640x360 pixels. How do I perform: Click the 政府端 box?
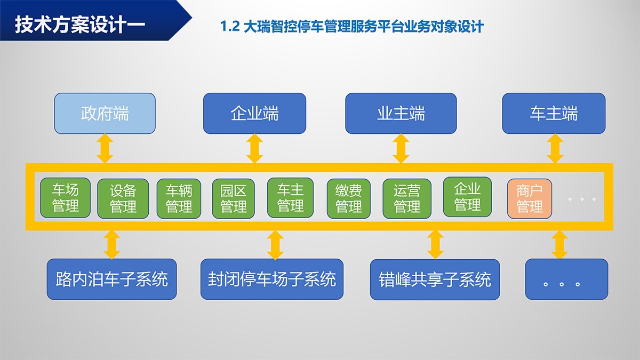click(105, 114)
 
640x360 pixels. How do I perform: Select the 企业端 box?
click(254, 114)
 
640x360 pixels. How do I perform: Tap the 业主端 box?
click(401, 114)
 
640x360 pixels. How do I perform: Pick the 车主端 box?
click(554, 114)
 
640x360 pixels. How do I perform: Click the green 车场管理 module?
click(66, 198)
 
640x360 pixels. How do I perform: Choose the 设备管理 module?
click(123, 198)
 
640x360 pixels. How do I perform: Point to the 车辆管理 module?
click(179, 198)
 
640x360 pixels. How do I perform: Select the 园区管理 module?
click(234, 198)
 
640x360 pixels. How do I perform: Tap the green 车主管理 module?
click(290, 198)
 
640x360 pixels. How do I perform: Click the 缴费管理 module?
click(349, 198)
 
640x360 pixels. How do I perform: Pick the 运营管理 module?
click(407, 198)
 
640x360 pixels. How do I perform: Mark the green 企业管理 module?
click(467, 197)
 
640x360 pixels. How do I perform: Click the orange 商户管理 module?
click(530, 198)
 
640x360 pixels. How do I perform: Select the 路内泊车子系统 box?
click(111, 279)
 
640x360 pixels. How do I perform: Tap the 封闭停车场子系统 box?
click(272, 279)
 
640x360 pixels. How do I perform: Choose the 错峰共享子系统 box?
click(435, 279)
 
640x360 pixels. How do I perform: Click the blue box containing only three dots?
click(566, 279)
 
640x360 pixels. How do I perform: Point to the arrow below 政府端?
click(105, 149)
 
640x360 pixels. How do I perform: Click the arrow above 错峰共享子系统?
click(435, 245)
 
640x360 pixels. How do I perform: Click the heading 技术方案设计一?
click(80, 25)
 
